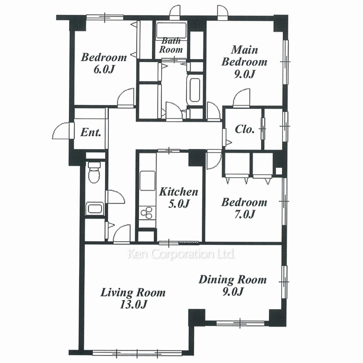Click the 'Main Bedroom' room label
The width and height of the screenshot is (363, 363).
(x=244, y=56)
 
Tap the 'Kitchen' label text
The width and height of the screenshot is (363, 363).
(x=179, y=192)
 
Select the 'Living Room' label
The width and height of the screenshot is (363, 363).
(x=133, y=292)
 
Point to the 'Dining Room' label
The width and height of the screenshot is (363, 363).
(x=233, y=280)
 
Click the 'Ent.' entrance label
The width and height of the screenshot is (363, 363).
(x=91, y=132)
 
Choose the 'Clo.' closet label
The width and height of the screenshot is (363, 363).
(x=245, y=129)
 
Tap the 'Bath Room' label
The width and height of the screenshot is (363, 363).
(x=171, y=45)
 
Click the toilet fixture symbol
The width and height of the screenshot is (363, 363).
(x=94, y=172)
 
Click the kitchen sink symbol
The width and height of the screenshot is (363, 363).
(x=147, y=181)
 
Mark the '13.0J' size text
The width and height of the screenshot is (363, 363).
(x=133, y=304)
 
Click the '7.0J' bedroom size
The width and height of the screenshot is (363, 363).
(x=244, y=214)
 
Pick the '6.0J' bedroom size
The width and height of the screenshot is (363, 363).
(x=104, y=69)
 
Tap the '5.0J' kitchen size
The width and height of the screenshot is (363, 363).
(x=179, y=204)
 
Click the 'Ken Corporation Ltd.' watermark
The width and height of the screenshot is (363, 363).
(x=181, y=254)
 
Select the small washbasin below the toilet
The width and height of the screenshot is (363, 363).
(x=94, y=208)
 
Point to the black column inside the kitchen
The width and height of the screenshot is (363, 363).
(x=197, y=158)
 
